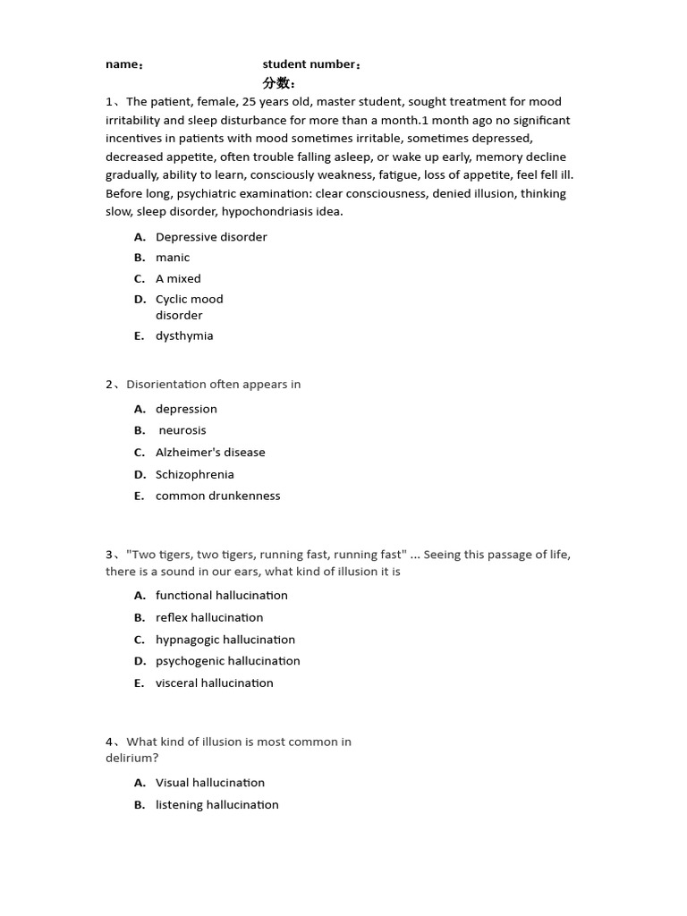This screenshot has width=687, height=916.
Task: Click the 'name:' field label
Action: (124, 64)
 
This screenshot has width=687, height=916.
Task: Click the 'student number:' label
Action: (312, 64)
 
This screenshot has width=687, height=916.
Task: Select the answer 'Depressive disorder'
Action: (211, 237)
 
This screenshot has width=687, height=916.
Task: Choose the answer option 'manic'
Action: (173, 258)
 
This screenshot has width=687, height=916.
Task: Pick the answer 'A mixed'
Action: (178, 279)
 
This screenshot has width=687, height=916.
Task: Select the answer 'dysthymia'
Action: (184, 336)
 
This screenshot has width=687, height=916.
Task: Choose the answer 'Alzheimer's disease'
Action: (210, 453)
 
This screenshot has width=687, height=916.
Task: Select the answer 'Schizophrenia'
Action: (194, 475)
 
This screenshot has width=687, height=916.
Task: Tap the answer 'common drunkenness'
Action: (217, 496)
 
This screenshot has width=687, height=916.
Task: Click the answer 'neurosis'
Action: (182, 430)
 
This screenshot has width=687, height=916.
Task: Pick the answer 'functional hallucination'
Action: (222, 596)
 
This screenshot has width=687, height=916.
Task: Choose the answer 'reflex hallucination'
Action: (209, 618)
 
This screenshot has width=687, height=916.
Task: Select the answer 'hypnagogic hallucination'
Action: (225, 640)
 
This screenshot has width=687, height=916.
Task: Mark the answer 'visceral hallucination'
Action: (215, 683)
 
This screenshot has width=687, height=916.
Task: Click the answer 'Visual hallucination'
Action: (210, 783)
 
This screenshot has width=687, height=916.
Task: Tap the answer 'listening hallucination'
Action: (217, 805)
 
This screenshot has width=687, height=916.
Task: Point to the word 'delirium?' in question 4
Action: (132, 759)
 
